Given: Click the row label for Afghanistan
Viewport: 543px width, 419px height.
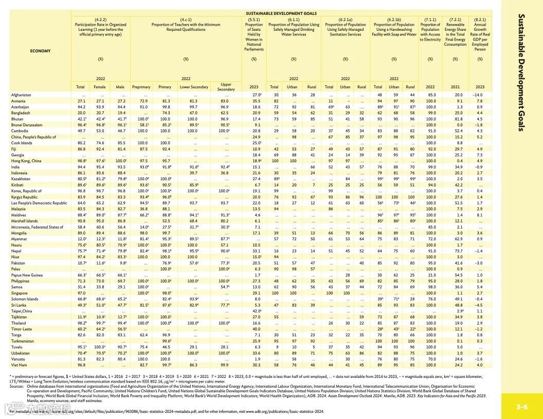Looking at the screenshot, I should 21,95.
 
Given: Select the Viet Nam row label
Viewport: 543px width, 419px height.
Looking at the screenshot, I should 19,365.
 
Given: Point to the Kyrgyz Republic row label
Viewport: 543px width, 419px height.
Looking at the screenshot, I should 24,197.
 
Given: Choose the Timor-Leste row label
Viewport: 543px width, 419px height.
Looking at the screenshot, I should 21,329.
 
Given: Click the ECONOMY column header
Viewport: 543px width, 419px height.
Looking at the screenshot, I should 41,51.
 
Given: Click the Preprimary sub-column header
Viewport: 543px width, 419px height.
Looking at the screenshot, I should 141,87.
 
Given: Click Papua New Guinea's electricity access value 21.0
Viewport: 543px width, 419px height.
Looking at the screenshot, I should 431,275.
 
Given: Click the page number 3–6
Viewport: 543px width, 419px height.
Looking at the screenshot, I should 522,407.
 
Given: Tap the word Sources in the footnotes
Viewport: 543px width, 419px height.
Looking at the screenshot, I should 17,386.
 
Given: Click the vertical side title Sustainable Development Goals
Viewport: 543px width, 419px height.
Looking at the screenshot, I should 522,72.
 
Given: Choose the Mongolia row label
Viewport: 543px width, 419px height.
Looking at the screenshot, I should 19,233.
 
